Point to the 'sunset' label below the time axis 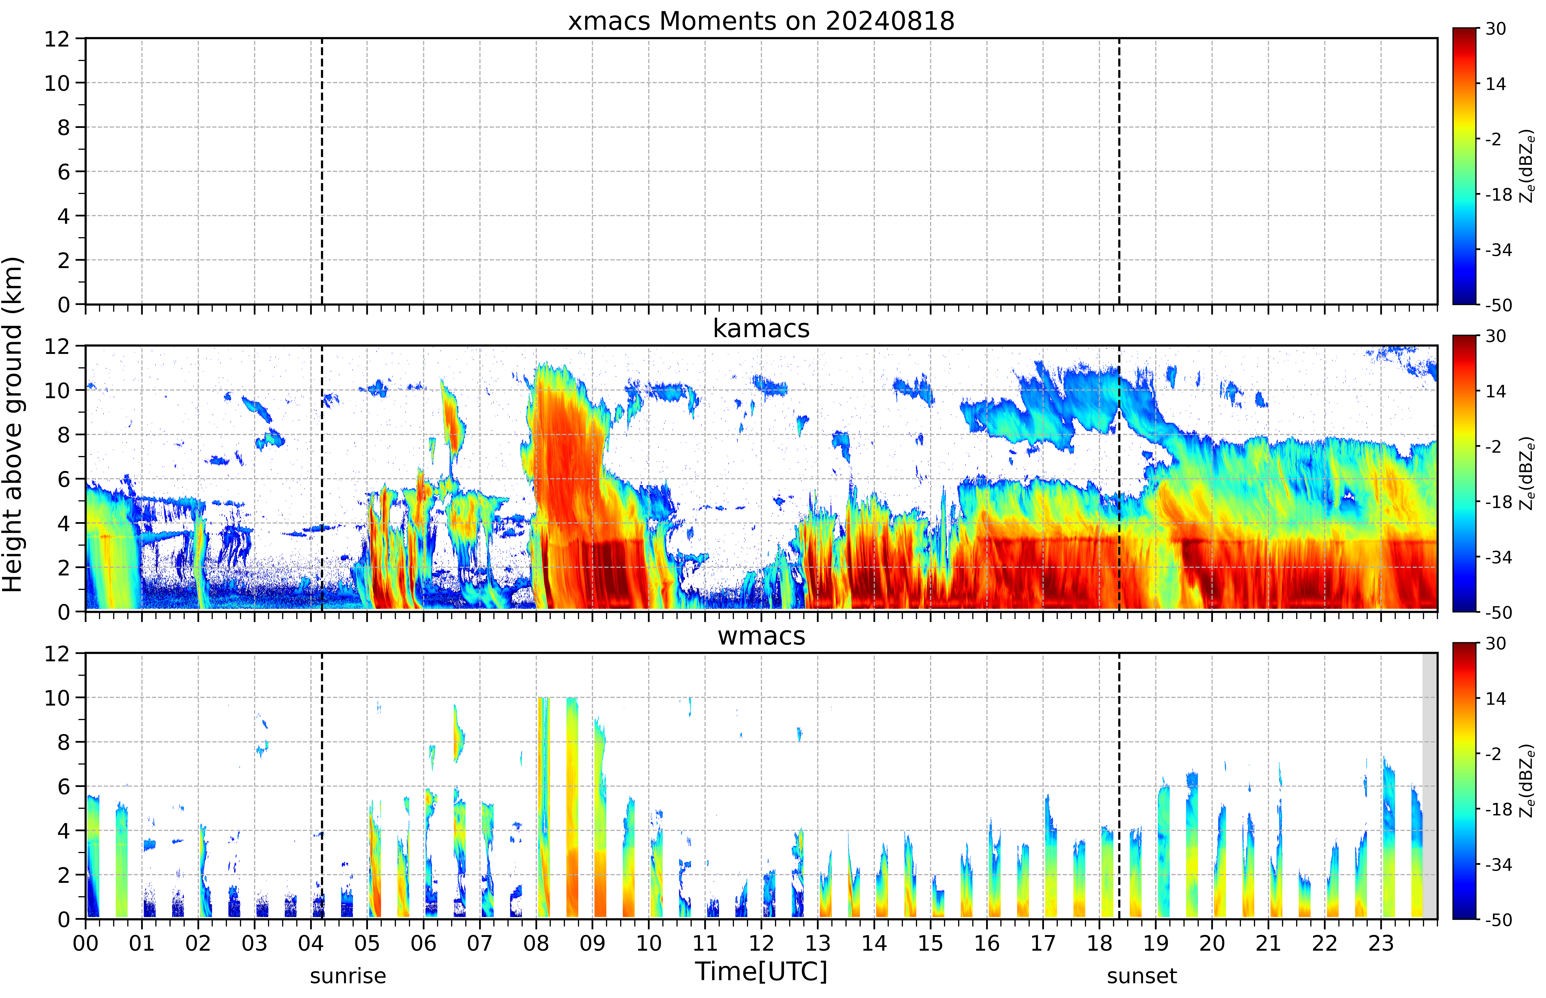coord(1142,976)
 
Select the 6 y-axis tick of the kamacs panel coord(64,480)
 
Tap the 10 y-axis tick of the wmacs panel coord(57,698)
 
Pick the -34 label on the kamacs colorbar coord(1498,557)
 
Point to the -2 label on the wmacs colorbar coord(1493,754)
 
